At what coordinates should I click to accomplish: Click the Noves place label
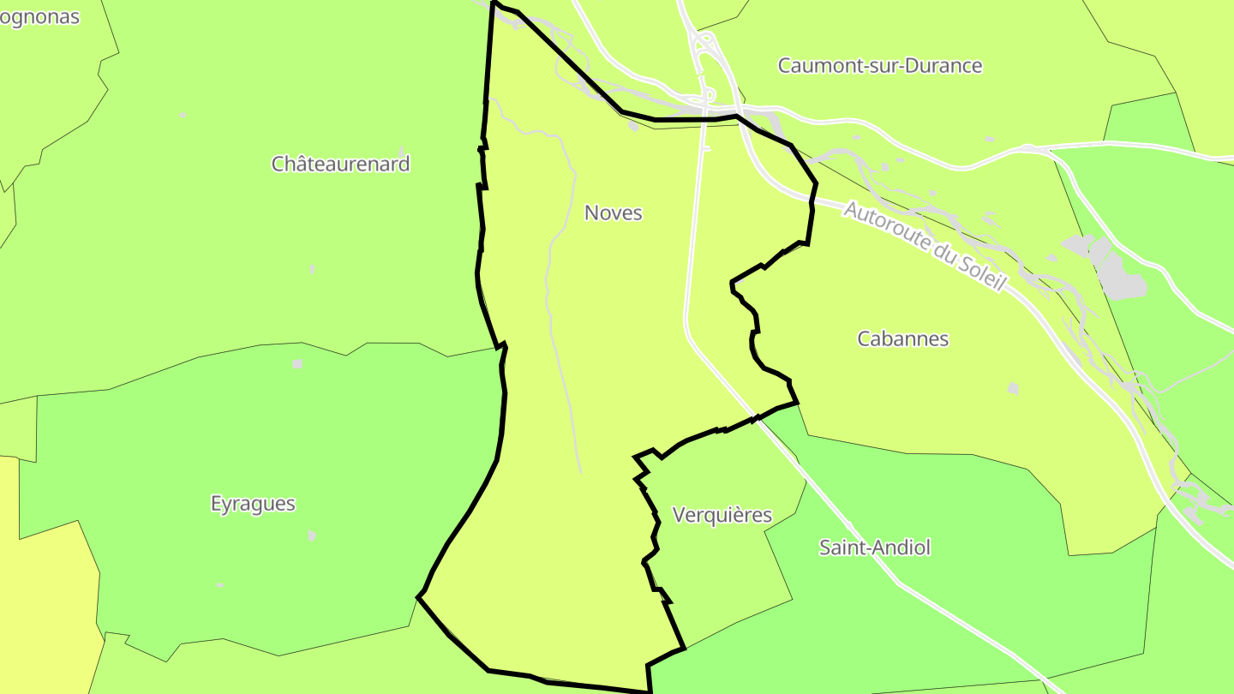[x=613, y=212]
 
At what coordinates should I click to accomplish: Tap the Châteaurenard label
[x=340, y=164]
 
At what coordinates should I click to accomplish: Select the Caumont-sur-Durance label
[x=879, y=65]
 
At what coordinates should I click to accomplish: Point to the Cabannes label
[x=902, y=338]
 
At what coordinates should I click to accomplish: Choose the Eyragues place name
[x=253, y=503]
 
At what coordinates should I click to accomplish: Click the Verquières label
[x=722, y=515]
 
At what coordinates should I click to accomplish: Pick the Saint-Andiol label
[x=874, y=547]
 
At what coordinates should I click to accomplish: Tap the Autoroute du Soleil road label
[x=923, y=246]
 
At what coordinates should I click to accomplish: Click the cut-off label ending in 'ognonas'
[x=39, y=16]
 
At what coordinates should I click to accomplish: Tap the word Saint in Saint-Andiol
[x=840, y=547]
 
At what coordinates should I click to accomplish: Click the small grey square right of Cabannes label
[x=1014, y=388]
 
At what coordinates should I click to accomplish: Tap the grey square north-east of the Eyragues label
[x=297, y=364]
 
